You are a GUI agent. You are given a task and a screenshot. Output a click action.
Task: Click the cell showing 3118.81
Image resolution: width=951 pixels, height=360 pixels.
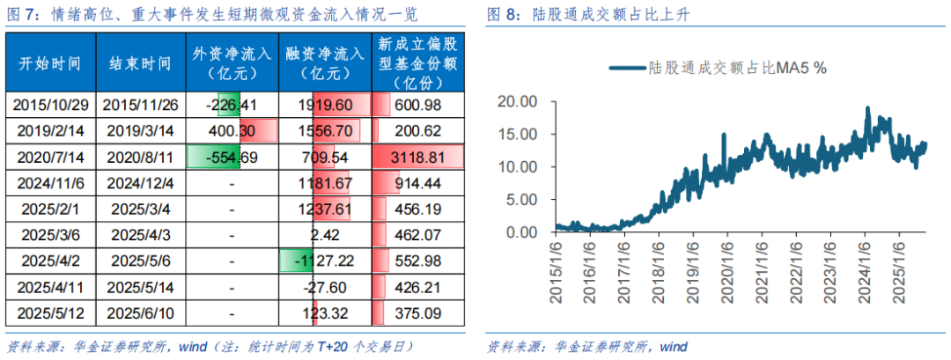(418, 158)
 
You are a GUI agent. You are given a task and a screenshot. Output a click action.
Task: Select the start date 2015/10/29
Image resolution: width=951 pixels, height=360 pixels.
(50, 105)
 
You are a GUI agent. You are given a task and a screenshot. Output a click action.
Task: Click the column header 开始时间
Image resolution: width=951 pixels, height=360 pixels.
(50, 63)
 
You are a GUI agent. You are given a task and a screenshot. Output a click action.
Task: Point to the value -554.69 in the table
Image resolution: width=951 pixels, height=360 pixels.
(232, 158)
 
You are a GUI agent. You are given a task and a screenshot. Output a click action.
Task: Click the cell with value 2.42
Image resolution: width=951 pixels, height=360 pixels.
(325, 235)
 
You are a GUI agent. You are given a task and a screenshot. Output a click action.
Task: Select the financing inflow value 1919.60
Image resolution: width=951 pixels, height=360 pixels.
(325, 105)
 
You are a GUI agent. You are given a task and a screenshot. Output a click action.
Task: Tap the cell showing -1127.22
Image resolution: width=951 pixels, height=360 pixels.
(325, 261)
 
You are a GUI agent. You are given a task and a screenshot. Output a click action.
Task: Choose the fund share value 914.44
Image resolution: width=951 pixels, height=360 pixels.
(418, 183)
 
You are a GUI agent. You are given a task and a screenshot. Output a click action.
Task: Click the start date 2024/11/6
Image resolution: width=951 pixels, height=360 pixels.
(50, 183)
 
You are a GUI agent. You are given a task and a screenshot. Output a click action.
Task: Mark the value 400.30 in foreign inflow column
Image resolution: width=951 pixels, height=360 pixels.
(232, 131)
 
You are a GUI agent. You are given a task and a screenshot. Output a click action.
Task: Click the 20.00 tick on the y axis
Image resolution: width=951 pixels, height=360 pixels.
(517, 101)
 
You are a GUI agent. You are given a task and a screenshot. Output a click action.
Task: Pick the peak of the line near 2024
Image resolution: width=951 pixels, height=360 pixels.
(868, 108)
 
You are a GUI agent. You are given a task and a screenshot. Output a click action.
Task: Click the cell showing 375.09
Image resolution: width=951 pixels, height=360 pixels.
(418, 312)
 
